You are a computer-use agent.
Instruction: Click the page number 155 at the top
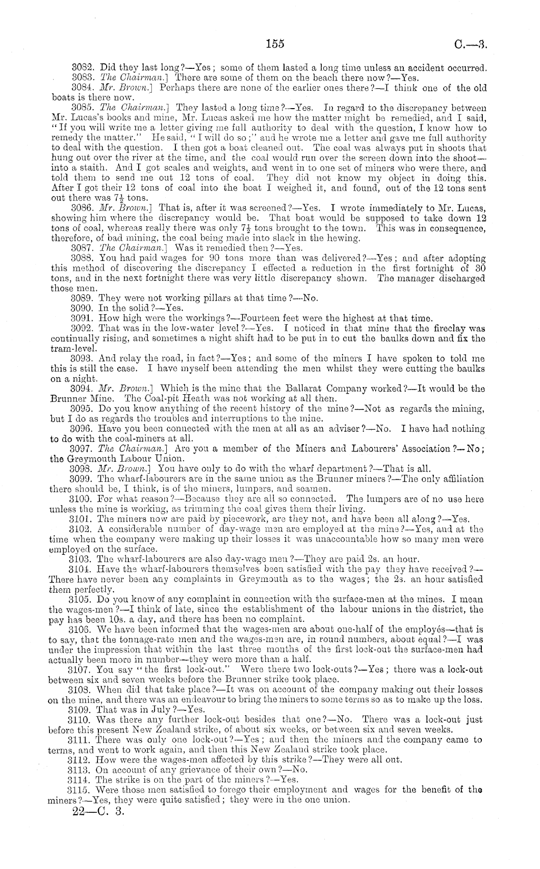coord(274,44)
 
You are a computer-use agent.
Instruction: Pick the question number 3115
coord(79,789)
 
